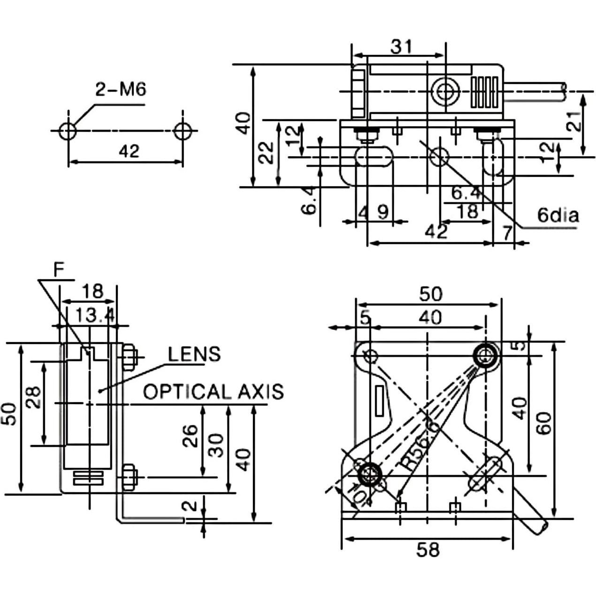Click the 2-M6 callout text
tap(121, 90)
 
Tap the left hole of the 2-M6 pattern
tap(68, 131)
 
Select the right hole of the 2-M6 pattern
tap(183, 131)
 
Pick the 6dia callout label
tap(558, 215)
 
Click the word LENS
tap(194, 354)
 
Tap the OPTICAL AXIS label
tap(214, 391)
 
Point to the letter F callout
tap(58, 270)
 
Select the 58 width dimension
tap(428, 549)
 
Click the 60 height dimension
tap(543, 423)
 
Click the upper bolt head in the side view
tap(129, 358)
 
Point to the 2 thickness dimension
tap(191, 506)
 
